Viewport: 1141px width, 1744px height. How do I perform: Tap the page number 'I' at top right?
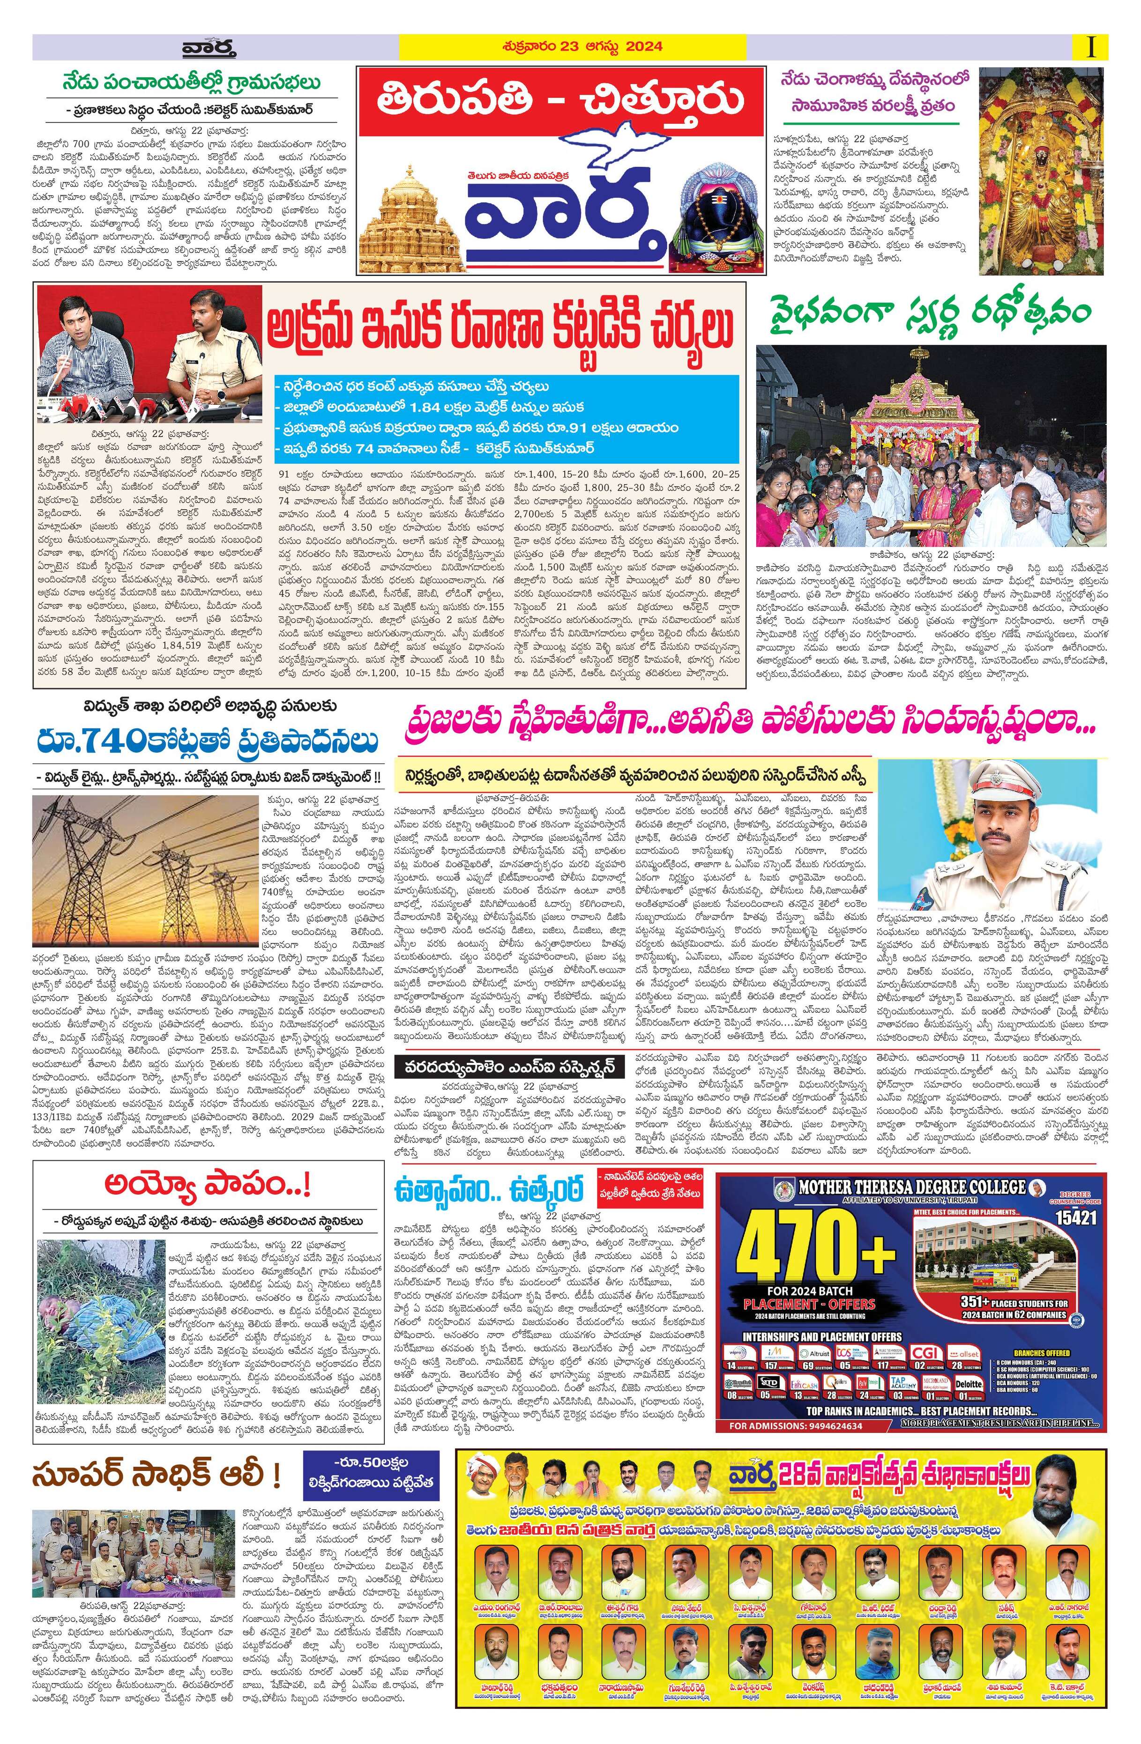click(x=1093, y=47)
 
